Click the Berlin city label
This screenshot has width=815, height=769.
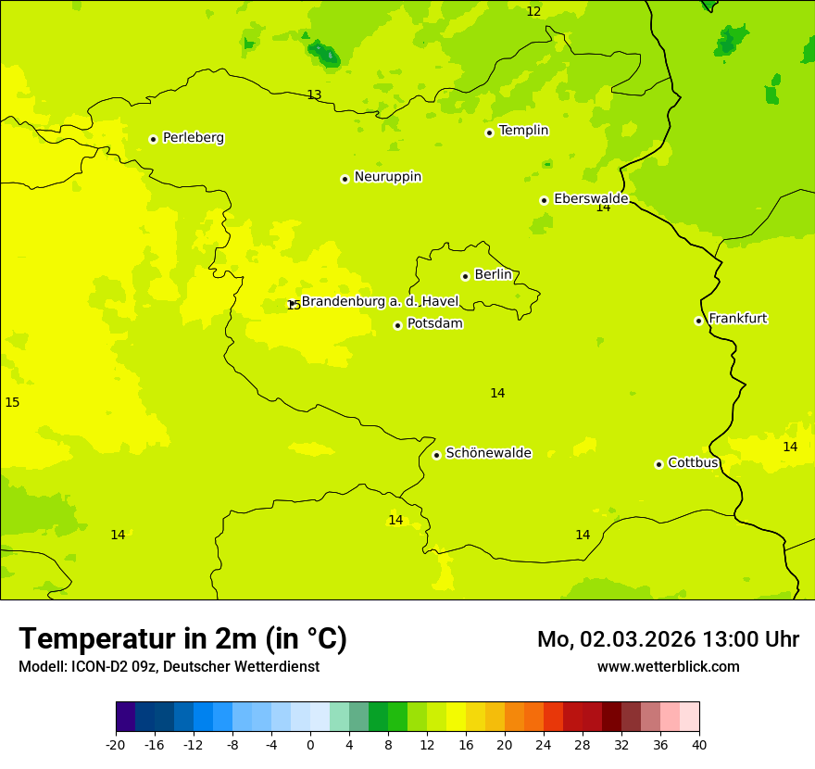click(493, 275)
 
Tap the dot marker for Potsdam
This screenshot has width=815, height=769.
click(397, 325)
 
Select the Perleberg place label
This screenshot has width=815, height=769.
click(193, 138)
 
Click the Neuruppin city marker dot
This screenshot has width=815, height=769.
click(345, 179)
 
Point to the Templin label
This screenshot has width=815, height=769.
click(523, 131)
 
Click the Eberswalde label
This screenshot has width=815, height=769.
click(590, 199)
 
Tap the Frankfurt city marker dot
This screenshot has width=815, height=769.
click(698, 321)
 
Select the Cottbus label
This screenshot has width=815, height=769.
click(693, 462)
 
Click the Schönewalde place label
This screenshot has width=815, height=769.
click(488, 453)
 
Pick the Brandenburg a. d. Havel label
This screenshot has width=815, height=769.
click(380, 301)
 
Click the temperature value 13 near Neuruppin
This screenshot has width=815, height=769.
click(314, 95)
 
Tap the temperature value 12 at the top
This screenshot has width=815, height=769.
click(533, 11)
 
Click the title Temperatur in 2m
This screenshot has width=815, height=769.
click(182, 638)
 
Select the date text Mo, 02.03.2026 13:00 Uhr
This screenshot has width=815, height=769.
click(668, 639)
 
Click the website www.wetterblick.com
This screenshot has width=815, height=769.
click(668, 667)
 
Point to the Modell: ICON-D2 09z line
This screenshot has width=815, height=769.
click(169, 667)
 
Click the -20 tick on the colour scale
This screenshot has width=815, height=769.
click(116, 745)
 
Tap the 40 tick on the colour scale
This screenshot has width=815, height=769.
click(699, 745)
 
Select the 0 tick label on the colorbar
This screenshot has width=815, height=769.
click(310, 745)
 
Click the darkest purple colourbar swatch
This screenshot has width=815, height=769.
click(125, 717)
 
